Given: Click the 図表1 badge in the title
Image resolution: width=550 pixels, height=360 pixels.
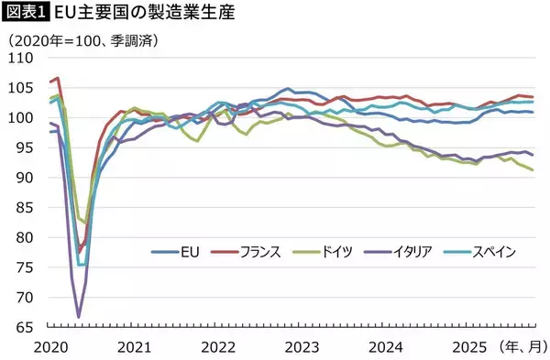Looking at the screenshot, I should (26, 13).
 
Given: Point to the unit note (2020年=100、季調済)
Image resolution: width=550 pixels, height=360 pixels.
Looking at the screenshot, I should (82, 41).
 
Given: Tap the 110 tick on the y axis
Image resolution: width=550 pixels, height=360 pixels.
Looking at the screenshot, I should (21, 58).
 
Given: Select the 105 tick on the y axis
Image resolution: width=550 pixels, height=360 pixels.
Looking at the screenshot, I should (21, 88).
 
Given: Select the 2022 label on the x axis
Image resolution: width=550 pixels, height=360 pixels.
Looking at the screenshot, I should (218, 347).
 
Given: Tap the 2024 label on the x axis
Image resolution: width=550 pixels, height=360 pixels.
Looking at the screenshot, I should (387, 347).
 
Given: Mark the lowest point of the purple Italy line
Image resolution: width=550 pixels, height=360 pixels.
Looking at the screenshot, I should (78, 317).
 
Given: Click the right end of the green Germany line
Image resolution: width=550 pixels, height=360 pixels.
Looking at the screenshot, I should (533, 170).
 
